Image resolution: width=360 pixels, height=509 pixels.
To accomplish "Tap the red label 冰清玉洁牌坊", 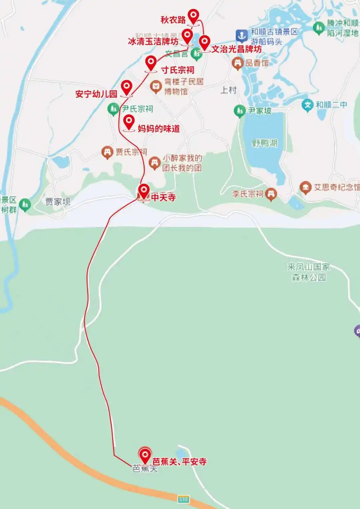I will click(x=153, y=42).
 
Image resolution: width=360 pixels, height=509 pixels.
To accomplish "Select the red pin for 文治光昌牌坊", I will click(x=204, y=42).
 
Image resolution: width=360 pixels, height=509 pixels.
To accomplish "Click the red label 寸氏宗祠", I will click(x=178, y=70).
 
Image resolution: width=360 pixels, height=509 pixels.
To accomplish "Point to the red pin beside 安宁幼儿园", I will click(x=126, y=87).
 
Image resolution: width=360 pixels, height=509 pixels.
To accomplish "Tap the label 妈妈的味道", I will click(x=159, y=129).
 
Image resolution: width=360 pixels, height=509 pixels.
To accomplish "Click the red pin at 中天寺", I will click(x=144, y=191).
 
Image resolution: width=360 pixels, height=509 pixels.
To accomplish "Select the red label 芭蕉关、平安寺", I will click(x=179, y=462).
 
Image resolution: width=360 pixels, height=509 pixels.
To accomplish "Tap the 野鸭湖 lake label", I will click(x=265, y=143).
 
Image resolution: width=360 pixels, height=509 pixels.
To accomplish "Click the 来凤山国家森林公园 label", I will click(x=308, y=272).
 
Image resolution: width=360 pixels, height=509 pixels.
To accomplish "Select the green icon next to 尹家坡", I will click(x=239, y=111).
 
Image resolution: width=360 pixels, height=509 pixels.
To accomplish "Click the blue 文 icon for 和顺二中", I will click(x=308, y=105).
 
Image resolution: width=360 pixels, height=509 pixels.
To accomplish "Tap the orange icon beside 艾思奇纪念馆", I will click(x=305, y=187).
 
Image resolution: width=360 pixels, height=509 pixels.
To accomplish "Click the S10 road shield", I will click(x=183, y=499).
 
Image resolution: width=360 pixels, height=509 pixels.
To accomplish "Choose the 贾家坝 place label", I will click(x=58, y=202).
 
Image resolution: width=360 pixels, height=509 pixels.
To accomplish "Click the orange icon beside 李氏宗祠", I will click(x=271, y=194).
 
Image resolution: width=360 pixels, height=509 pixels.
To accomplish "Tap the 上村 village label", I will click(x=229, y=90).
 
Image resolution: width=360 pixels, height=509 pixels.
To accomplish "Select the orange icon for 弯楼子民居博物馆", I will click(x=156, y=86).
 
